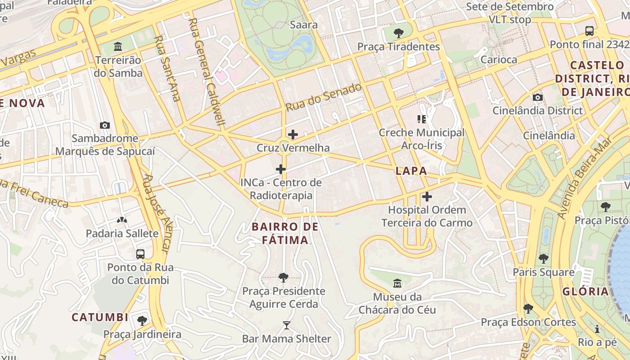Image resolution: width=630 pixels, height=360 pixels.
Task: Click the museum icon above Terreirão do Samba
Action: click(x=118, y=46)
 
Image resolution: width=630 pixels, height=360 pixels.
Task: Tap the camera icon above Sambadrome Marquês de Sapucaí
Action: click(x=105, y=125)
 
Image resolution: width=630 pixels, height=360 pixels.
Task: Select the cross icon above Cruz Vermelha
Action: click(x=293, y=135)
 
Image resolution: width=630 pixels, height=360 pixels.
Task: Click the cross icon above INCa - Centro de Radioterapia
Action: click(x=281, y=169)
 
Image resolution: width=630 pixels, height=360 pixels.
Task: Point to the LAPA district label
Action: click(x=411, y=171)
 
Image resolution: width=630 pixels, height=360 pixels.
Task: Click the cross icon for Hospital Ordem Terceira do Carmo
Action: click(x=427, y=197)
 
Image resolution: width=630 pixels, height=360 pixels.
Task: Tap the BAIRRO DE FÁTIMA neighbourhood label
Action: click(x=285, y=233)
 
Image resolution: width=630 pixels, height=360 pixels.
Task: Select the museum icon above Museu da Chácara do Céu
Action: click(x=397, y=283)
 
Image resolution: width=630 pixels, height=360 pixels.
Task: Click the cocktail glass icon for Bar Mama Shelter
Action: click(x=286, y=325)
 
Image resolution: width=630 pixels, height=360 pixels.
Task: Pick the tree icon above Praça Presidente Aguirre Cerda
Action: click(x=283, y=278)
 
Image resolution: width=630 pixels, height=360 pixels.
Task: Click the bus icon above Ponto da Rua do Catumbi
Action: click(x=140, y=254)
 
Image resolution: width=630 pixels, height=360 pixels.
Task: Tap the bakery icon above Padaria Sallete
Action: click(x=122, y=220)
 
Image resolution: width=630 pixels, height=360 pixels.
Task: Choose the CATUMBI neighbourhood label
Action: click(x=100, y=317)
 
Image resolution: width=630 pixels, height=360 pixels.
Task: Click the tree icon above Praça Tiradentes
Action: click(x=398, y=33)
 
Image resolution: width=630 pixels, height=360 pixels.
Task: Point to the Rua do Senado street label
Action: click(x=324, y=97)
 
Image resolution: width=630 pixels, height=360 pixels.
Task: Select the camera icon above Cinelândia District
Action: click(x=537, y=97)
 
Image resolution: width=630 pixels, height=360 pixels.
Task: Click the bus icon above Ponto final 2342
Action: click(x=589, y=31)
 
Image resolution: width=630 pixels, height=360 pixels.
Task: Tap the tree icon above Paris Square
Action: click(x=544, y=259)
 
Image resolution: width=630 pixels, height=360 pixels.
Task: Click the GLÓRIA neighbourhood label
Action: click(x=585, y=291)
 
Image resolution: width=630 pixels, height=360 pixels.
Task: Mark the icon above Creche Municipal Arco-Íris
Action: click(x=421, y=119)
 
